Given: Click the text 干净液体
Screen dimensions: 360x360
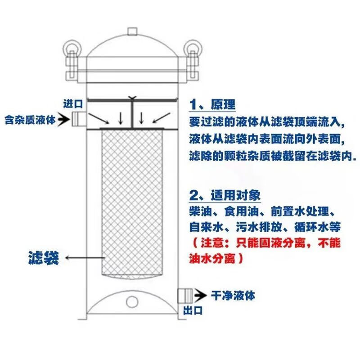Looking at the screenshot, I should pos(233,296).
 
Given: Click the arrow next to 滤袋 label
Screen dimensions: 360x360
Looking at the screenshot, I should pos(85,258).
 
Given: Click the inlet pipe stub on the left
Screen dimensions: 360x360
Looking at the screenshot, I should pos(78,118).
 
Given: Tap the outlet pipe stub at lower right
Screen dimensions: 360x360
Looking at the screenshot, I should pos(184,296).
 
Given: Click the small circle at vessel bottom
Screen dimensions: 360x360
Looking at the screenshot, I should pos(132,301).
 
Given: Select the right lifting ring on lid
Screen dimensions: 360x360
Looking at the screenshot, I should pos(191,46).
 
